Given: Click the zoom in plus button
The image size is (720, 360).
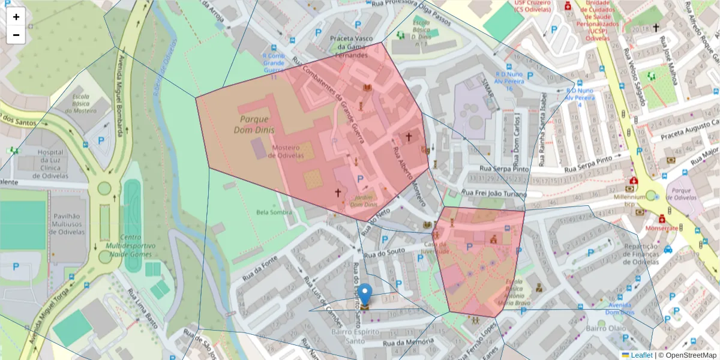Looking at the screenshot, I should [16, 17].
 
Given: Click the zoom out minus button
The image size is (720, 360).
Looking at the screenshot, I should [16, 35].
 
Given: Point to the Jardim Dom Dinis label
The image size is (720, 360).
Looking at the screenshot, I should [364, 201].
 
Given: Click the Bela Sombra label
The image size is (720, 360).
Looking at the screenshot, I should [274, 212].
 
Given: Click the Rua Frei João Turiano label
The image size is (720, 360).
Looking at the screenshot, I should [494, 194].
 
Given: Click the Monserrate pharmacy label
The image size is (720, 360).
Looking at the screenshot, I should [662, 229].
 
